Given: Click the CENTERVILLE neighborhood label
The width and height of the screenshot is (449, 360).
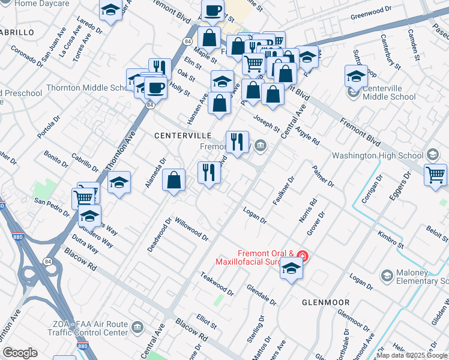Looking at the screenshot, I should [181, 136].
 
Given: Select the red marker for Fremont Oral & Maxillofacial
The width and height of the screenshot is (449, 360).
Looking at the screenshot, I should [303, 257].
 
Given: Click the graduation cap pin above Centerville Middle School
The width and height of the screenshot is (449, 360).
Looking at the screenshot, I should [356, 76].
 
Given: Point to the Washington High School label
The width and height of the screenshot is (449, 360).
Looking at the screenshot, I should [378, 155].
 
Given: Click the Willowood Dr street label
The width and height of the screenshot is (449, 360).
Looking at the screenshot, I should [191, 229].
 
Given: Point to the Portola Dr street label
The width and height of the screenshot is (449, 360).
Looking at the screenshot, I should [49, 127].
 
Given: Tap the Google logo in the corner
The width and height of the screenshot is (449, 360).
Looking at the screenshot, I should [20, 353].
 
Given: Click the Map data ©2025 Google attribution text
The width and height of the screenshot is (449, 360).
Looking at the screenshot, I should [412, 355].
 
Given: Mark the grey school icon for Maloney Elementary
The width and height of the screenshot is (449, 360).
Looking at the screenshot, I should [387, 275].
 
